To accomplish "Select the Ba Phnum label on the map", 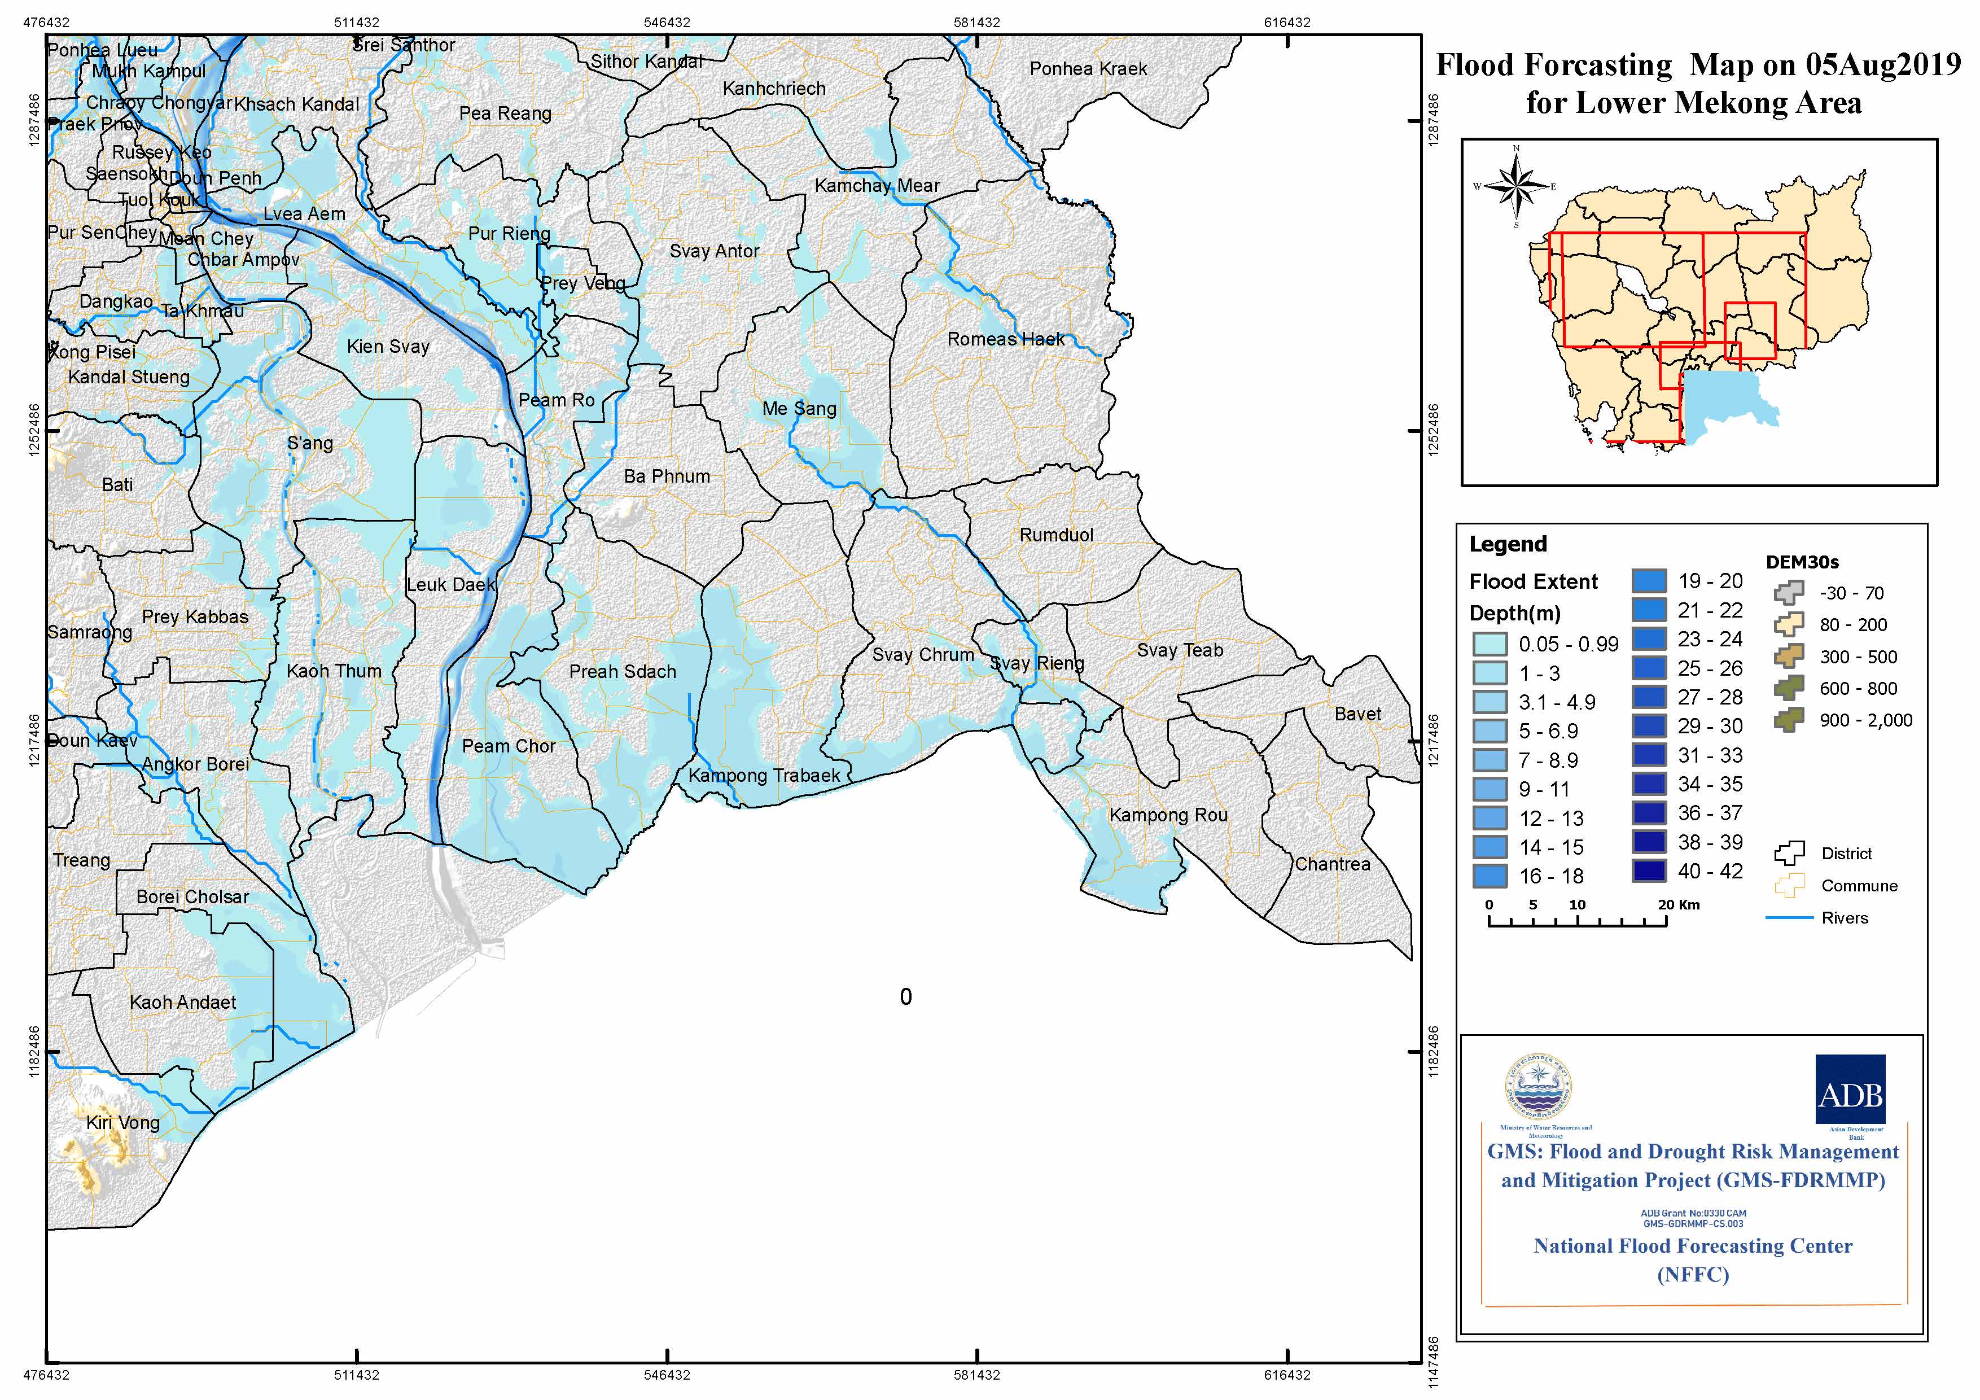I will (667, 476).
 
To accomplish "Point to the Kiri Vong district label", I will (122, 1122).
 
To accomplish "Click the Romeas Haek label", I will (1006, 339).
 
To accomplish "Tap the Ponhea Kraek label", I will (1088, 68).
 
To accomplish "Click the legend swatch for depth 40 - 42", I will (1648, 871).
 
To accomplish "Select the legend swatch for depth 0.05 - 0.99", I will (1490, 644).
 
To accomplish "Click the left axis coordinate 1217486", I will (34, 740).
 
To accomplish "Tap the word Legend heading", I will (1508, 544).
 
